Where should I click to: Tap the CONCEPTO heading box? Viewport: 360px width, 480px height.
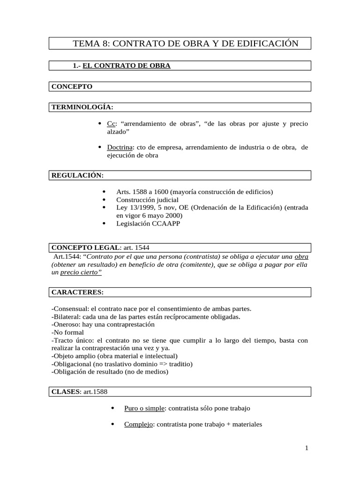click(x=72, y=86)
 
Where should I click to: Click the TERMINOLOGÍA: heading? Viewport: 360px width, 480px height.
click(x=82, y=107)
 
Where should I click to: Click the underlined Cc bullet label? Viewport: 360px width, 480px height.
click(x=111, y=123)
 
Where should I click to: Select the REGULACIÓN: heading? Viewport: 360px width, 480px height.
click(x=77, y=175)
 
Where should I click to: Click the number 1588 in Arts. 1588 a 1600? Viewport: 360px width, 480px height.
click(x=140, y=192)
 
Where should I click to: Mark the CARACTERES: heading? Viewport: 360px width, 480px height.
click(x=77, y=292)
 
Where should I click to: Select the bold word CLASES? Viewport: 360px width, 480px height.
click(x=66, y=391)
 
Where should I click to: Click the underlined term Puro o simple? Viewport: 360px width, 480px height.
click(x=144, y=408)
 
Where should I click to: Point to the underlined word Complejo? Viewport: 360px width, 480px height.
click(x=138, y=425)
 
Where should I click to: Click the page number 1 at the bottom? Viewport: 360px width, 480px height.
click(x=307, y=448)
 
